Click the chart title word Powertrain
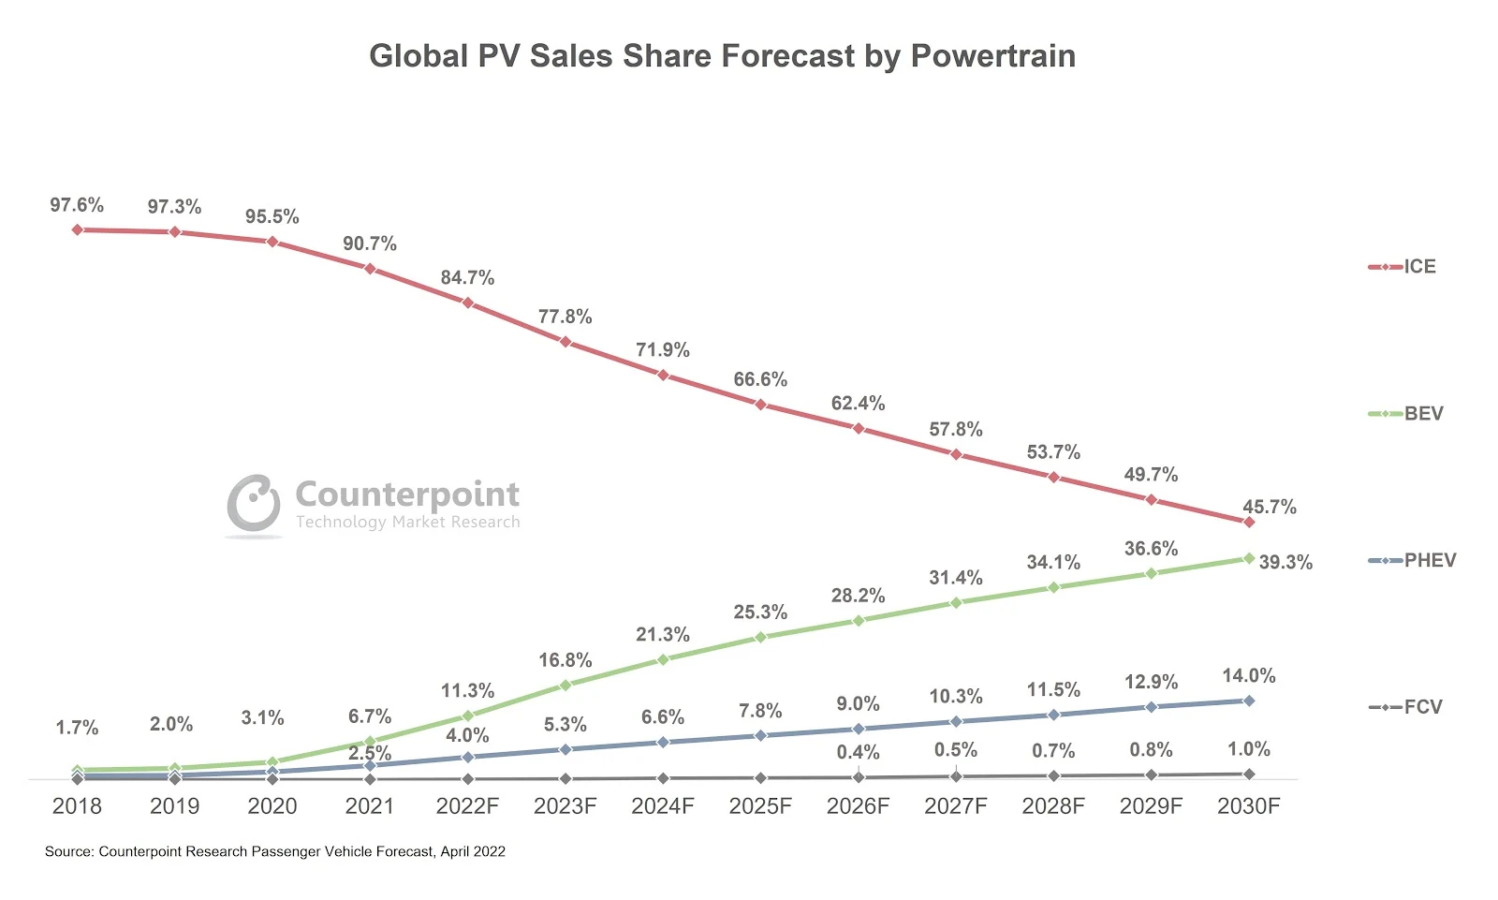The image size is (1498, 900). click(x=992, y=56)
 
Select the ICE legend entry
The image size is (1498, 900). click(x=1418, y=267)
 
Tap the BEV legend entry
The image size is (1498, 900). click(x=1422, y=414)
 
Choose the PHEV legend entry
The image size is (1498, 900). click(x=1429, y=561)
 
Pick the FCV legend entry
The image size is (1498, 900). click(x=1422, y=707)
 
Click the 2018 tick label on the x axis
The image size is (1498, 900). click(x=77, y=806)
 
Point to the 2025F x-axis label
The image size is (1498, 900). click(x=760, y=806)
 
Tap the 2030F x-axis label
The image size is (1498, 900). click(x=1248, y=806)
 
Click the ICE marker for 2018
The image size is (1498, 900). click(x=78, y=229)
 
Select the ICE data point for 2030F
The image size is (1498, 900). click(x=1249, y=522)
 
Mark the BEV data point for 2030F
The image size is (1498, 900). click(x=1249, y=558)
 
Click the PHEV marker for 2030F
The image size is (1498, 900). click(x=1249, y=701)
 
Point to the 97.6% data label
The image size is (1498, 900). click(x=77, y=205)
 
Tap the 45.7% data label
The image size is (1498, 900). click(x=1270, y=508)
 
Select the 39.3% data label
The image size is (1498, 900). click(x=1285, y=563)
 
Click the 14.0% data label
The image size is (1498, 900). click(x=1249, y=676)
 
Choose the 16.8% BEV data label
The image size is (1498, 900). click(x=565, y=661)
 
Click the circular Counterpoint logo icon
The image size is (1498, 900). click(x=254, y=503)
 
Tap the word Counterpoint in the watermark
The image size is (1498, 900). click(x=407, y=494)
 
